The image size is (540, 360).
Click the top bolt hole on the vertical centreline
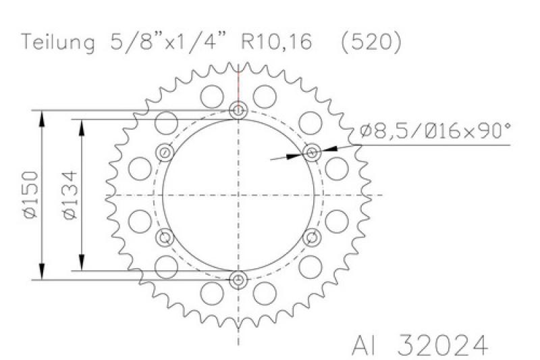(238, 111)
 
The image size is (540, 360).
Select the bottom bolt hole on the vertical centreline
(238, 280)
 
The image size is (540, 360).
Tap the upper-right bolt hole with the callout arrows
(311, 153)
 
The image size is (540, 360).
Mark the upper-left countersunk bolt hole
(165, 153)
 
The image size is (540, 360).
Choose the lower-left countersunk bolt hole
(165, 237)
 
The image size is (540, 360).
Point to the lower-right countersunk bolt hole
(311, 237)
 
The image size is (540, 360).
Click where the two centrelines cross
(238, 195)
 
